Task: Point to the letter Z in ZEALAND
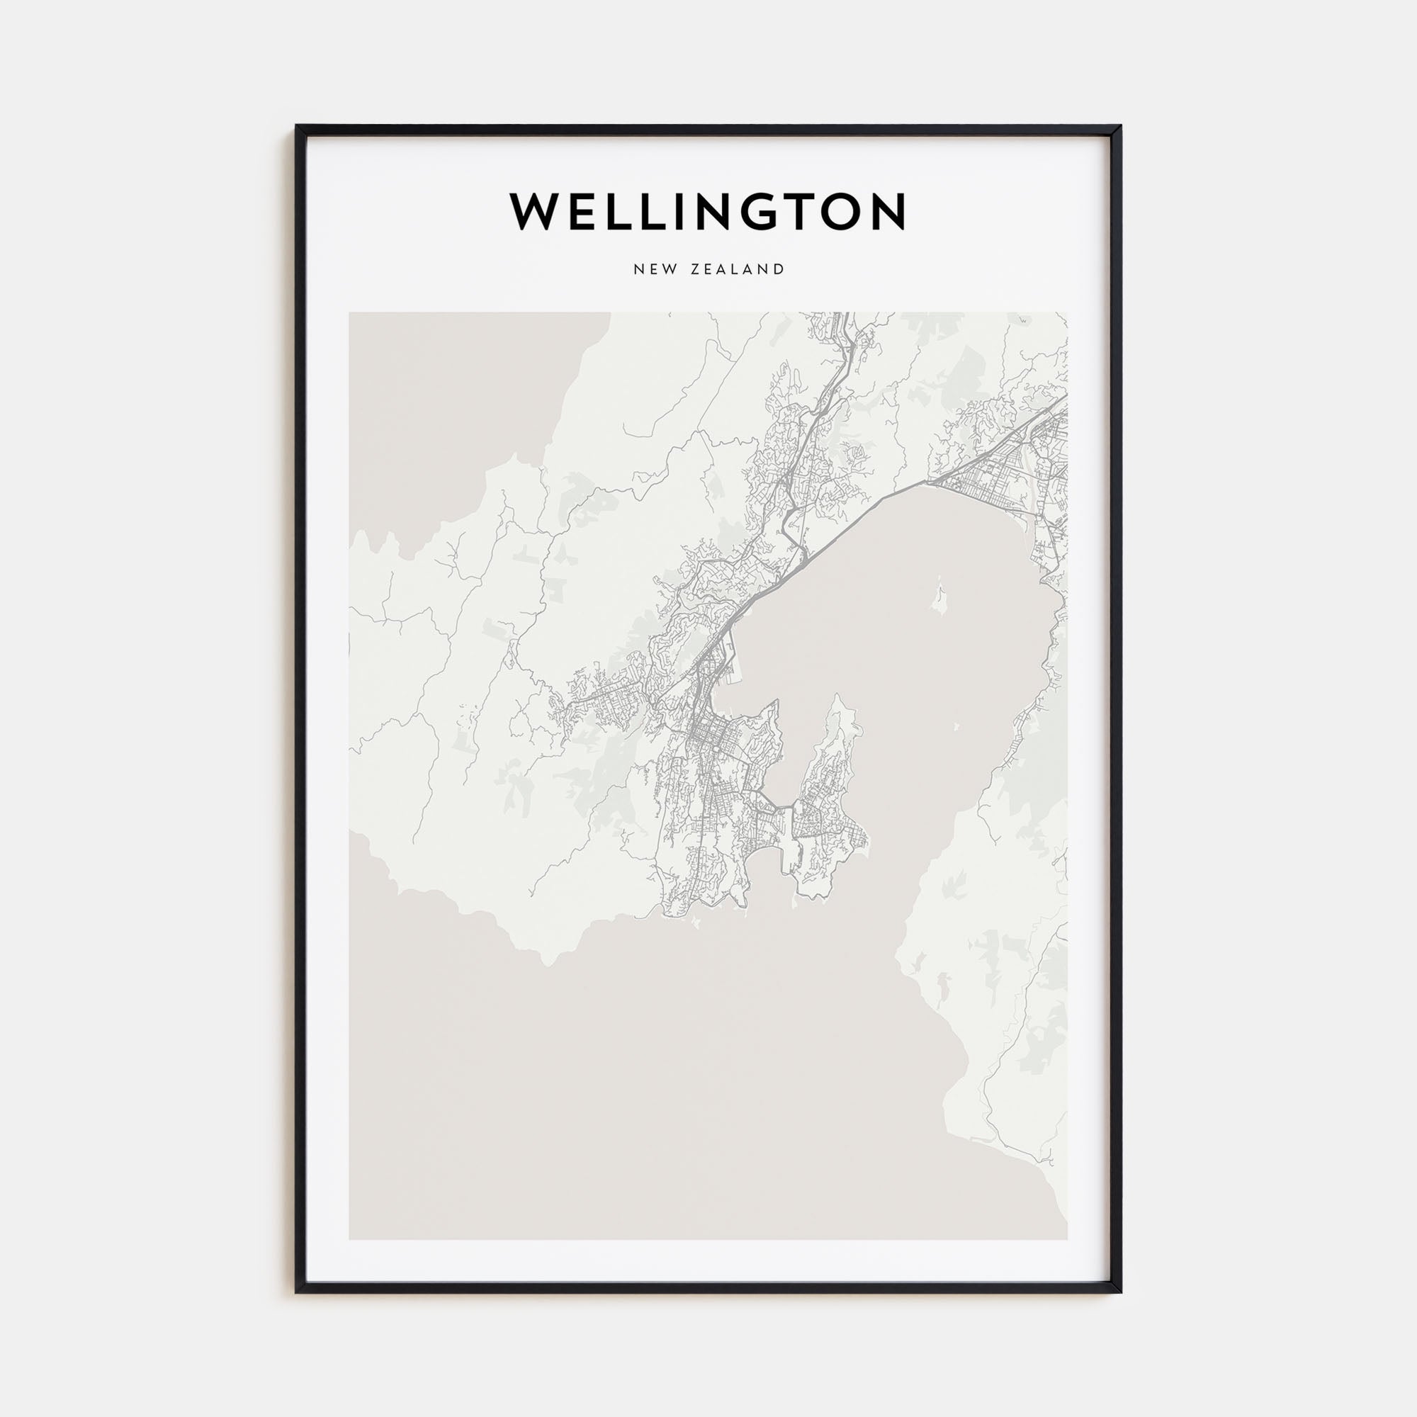point(695,269)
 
